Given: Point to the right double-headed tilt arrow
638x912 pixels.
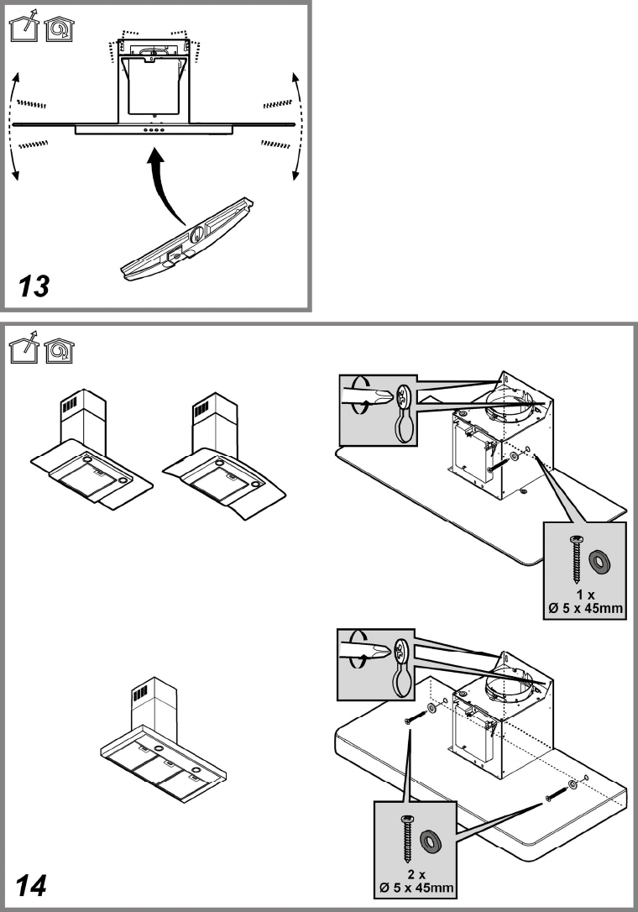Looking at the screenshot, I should tap(296, 126).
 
